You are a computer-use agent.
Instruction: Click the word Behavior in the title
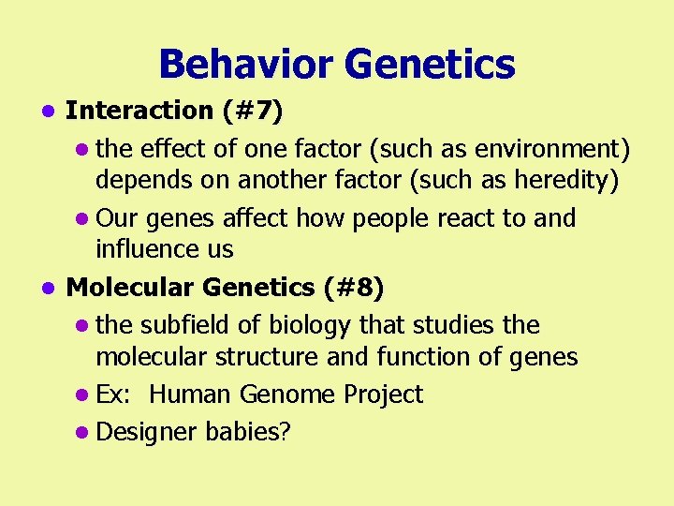pyautogui.click(x=244, y=65)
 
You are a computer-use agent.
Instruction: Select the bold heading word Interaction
pyautogui.click(x=139, y=111)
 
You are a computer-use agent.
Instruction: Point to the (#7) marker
pyautogui.click(x=253, y=111)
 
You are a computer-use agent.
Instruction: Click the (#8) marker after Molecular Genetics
pyautogui.click(x=353, y=288)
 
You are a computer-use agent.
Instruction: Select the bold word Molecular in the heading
pyautogui.click(x=130, y=288)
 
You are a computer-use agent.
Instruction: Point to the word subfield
pyautogui.click(x=184, y=325)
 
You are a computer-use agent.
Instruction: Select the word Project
pyautogui.click(x=383, y=394)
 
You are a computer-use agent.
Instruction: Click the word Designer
pyautogui.click(x=142, y=432)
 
